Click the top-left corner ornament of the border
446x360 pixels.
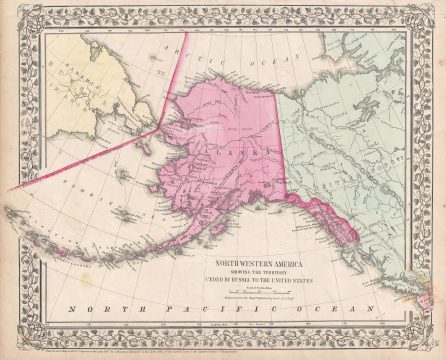click(x=12, y=13)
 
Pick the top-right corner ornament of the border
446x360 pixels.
click(x=434, y=13)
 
